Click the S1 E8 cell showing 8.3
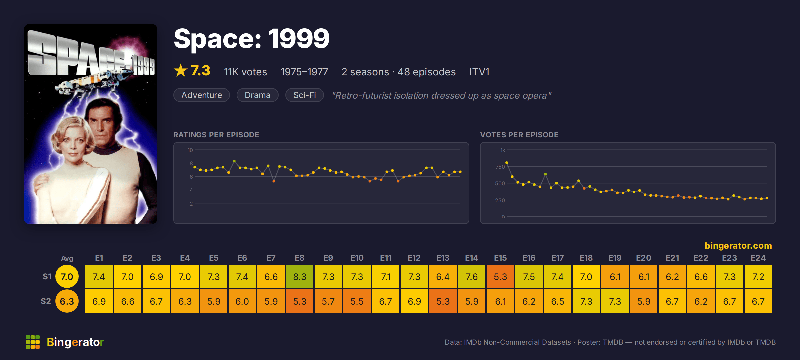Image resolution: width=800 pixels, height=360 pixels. point(299,276)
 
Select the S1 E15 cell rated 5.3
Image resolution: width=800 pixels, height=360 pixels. point(500,276)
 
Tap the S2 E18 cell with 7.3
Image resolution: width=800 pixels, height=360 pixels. point(586,301)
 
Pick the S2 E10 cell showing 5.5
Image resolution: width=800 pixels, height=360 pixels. point(357,301)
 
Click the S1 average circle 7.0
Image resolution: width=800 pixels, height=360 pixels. point(67,276)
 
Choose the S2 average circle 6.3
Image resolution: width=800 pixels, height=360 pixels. point(67,301)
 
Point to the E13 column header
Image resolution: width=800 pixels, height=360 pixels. point(443,258)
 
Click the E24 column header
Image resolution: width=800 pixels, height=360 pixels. point(758,258)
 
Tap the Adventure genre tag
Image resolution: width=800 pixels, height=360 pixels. point(202,95)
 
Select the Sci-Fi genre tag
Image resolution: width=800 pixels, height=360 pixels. point(304,95)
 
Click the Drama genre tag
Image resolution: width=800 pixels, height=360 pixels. point(257,95)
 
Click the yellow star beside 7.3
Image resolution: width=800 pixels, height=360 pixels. point(181,70)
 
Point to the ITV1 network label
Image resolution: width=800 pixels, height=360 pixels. point(479,72)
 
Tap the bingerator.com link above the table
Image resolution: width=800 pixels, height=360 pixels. point(738,246)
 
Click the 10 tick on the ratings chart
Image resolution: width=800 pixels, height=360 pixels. point(190,150)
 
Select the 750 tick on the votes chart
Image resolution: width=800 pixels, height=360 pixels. point(500,167)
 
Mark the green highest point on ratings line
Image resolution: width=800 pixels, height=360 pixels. point(234,161)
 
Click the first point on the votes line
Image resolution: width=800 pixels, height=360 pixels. point(507,163)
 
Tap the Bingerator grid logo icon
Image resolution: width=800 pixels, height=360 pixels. point(33,342)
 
